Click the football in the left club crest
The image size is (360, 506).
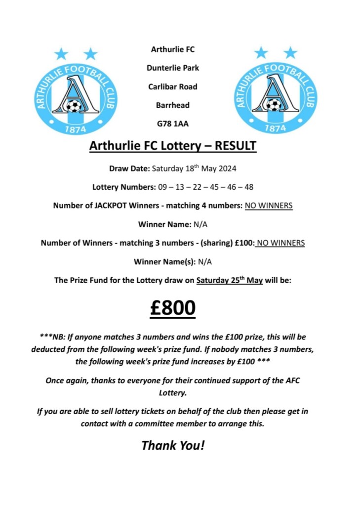[74, 106]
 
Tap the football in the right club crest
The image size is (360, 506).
[273, 105]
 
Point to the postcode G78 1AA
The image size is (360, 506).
[173, 124]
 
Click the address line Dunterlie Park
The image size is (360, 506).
[173, 68]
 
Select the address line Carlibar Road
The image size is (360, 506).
[173, 86]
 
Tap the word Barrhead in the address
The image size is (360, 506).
[173, 105]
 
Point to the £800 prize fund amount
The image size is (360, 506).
[173, 308]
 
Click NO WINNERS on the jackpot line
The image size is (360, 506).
[269, 206]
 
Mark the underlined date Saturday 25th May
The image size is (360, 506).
[230, 280]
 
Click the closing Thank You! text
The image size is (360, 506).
[173, 445]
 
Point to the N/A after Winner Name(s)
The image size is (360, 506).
[204, 262]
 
